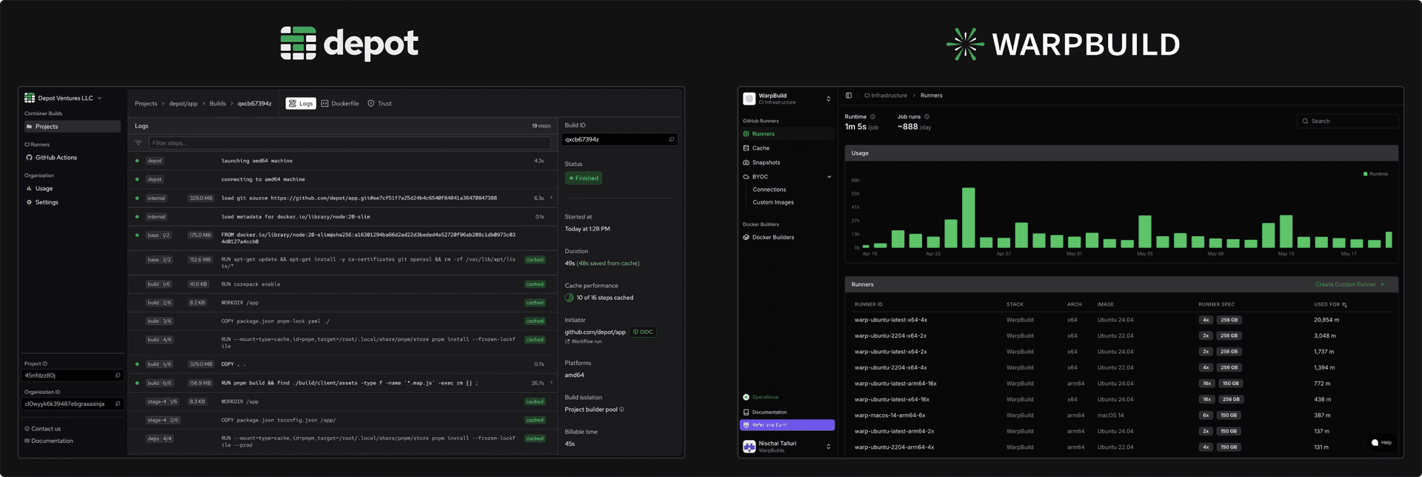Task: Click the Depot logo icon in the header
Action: coord(298,43)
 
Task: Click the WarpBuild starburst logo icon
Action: coord(965,44)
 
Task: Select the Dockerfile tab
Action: coord(341,104)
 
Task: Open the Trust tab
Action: coord(380,104)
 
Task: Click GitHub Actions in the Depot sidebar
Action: coord(56,158)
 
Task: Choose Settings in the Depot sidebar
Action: coord(47,202)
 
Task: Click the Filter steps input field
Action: coord(349,143)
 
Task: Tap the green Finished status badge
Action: coord(584,178)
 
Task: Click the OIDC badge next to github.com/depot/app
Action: coord(643,332)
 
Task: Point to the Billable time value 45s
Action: coord(570,444)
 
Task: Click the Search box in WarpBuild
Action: coord(1348,121)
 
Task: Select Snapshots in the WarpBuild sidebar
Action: coord(766,162)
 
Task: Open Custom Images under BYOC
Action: coord(772,202)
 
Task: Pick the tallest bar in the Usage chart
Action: coord(968,217)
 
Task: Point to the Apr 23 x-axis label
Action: coord(932,254)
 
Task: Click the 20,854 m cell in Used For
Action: coord(1326,320)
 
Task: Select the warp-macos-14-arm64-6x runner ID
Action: coord(889,416)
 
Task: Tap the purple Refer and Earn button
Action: coord(787,425)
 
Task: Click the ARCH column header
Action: coord(1074,304)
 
